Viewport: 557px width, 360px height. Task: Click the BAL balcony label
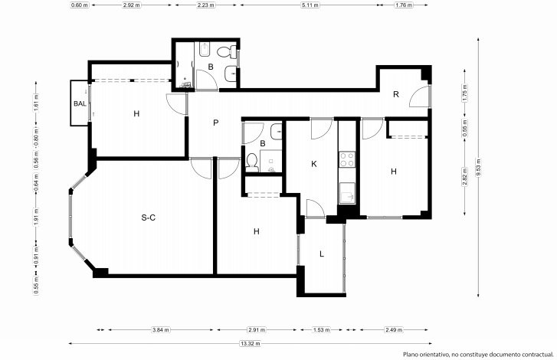[80, 103]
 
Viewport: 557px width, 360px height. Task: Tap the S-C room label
[149, 218]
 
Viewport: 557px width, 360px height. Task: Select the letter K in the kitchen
[313, 164]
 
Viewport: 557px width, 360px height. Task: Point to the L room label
[322, 254]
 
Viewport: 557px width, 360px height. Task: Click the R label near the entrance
[396, 94]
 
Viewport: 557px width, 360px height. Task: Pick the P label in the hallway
[215, 123]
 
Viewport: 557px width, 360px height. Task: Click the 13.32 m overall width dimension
[251, 344]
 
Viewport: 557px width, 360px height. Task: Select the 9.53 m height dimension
[479, 167]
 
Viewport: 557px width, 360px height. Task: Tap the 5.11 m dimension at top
[310, 5]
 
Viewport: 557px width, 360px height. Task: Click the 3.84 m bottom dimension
[160, 330]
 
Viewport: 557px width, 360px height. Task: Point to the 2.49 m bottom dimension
[394, 330]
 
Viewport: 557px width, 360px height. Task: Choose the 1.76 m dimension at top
[404, 5]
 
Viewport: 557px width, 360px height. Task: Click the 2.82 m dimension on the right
[464, 176]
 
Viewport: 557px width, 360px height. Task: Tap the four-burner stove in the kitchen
[347, 159]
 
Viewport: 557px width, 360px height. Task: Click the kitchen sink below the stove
[347, 193]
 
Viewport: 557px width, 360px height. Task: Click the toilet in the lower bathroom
[252, 162]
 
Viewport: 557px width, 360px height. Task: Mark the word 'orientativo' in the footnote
[435, 355]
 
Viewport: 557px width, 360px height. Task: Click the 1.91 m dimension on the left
[36, 217]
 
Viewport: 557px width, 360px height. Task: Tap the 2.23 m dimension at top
[205, 5]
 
